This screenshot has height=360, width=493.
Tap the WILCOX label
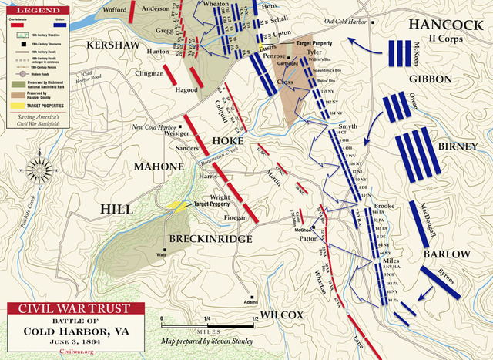click(283, 315)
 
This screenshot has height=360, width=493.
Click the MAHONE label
click(158, 166)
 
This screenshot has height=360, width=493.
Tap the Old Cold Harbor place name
click(347, 21)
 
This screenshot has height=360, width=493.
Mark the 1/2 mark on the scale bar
click(254, 318)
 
